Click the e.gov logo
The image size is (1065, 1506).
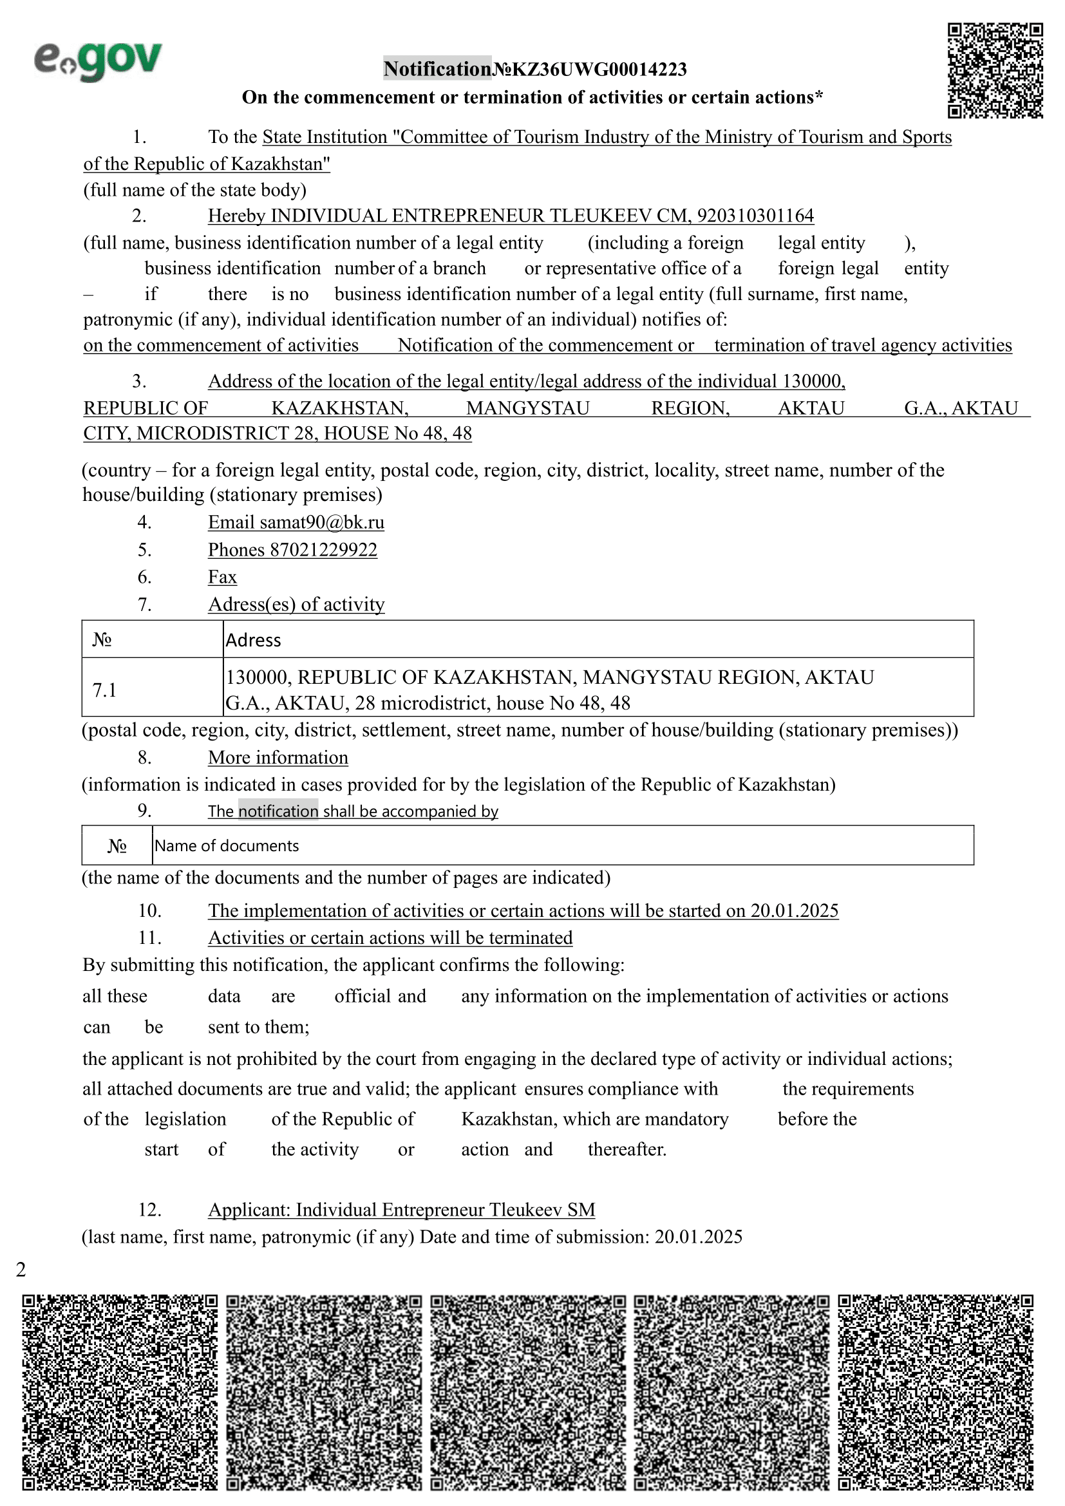99,62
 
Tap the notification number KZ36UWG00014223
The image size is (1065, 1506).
599,69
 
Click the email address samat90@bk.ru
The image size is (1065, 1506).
322,522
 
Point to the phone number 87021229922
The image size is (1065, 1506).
323,550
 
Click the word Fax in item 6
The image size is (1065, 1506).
222,577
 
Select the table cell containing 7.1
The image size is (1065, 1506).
152,690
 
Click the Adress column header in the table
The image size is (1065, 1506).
253,640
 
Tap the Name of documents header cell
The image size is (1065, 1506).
227,846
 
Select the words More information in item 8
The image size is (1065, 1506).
278,758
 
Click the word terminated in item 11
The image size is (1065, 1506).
531,938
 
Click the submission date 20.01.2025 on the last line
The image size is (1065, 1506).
699,1237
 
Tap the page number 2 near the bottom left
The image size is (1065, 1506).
21,1270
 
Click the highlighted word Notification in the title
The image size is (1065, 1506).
437,69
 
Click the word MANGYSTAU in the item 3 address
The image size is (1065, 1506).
528,408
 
